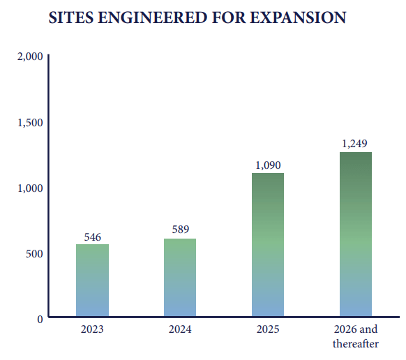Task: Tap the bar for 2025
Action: pos(267,245)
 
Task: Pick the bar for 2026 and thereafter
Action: pos(355,234)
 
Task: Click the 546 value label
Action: pos(92,237)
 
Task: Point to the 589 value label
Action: pos(180,230)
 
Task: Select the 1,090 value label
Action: pos(267,165)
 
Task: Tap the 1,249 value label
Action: pos(355,143)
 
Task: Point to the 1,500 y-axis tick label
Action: pos(30,122)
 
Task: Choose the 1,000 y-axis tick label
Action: pos(30,188)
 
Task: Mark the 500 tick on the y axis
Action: pos(35,253)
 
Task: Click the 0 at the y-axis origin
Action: pos(40,318)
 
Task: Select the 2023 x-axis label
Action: pos(92,329)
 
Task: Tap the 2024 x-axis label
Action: pos(180,329)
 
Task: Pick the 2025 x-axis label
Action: pos(267,329)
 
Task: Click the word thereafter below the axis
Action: pos(355,344)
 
